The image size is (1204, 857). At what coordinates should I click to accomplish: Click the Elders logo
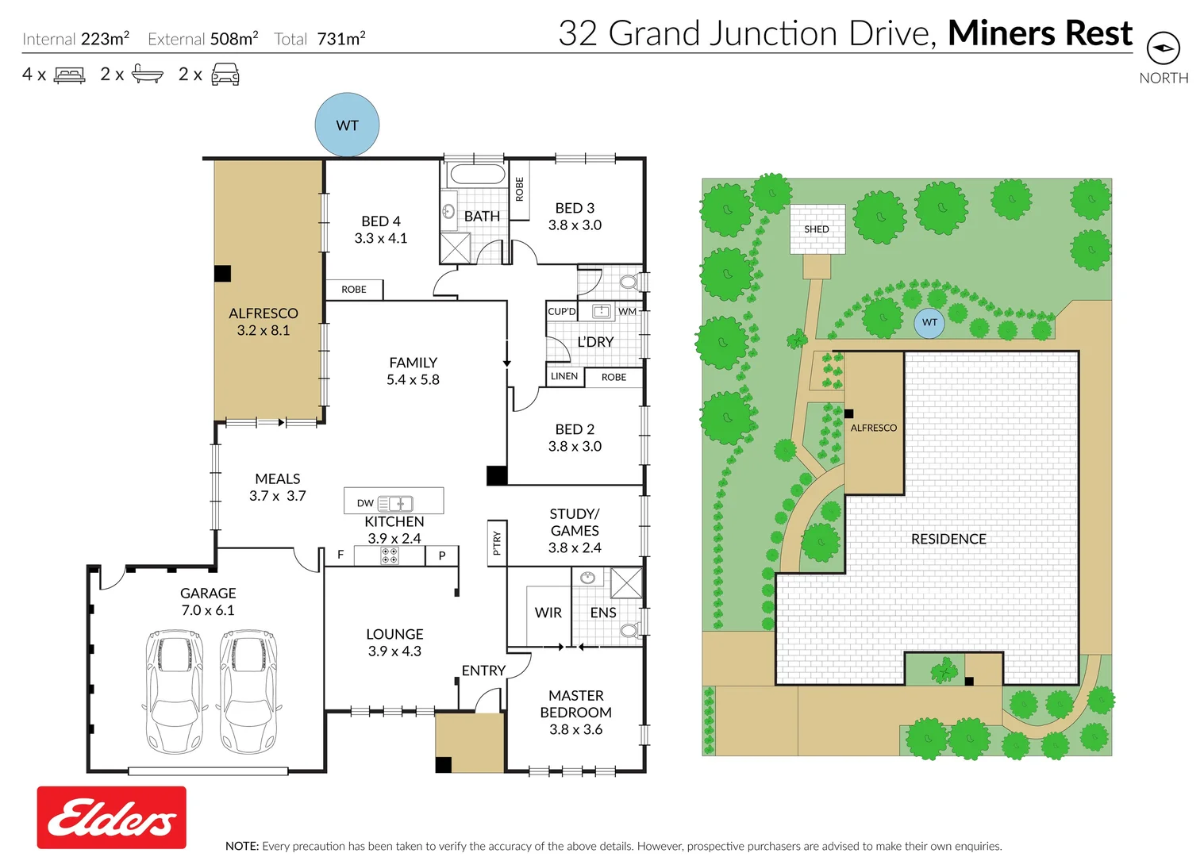coord(112,817)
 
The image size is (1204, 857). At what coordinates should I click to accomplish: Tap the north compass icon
coord(1164,48)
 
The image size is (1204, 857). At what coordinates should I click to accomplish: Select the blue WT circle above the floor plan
coord(347,125)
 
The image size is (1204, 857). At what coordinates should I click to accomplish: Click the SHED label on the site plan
coord(817,229)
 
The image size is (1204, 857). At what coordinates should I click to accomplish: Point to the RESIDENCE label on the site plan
coord(948,539)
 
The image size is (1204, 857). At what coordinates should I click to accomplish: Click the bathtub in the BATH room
coord(478,174)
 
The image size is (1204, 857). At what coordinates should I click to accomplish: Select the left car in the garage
coord(175,692)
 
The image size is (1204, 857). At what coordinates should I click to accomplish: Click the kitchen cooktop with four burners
coord(390,555)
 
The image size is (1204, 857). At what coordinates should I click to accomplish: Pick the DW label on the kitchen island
coord(365,503)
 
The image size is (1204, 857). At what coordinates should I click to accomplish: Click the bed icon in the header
coord(69,75)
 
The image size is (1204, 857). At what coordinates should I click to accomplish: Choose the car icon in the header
coord(225,74)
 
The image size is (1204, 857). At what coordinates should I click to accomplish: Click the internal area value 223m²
coord(106,39)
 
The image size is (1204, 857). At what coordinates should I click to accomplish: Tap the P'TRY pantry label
coord(497,544)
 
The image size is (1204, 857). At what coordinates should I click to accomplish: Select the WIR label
coord(548,613)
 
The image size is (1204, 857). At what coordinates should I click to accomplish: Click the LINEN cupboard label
coord(564,376)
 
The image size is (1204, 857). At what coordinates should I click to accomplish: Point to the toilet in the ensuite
coord(630,630)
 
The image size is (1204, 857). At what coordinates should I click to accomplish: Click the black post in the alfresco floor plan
coord(222,274)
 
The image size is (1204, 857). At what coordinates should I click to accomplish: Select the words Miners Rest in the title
coord(1040,33)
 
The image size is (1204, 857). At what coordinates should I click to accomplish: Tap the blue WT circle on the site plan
coord(929,322)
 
